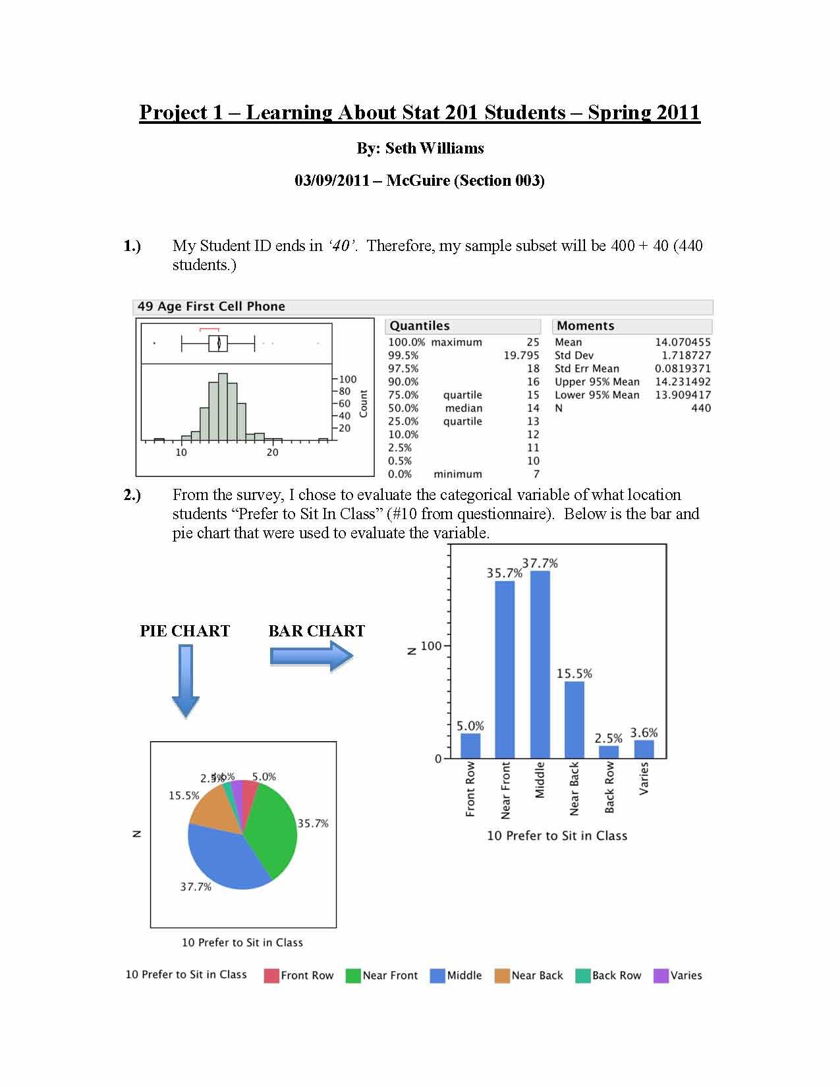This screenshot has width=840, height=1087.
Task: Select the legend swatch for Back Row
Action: pyautogui.click(x=582, y=976)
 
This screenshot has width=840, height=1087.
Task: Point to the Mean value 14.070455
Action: pyautogui.click(x=682, y=342)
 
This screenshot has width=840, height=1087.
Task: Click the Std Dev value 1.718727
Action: pyautogui.click(x=686, y=355)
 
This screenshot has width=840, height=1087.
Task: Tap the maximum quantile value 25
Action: pyautogui.click(x=532, y=342)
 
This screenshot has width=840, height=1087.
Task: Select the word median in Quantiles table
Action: pyautogui.click(x=463, y=408)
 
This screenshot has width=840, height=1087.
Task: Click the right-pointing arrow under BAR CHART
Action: pyautogui.click(x=312, y=656)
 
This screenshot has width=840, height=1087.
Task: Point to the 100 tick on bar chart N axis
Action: pyautogui.click(x=430, y=646)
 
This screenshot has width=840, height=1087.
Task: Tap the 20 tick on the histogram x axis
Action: pyautogui.click(x=272, y=453)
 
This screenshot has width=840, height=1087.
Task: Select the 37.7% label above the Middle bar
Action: pyautogui.click(x=540, y=563)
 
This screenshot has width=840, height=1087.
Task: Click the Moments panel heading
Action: pyautogui.click(x=585, y=325)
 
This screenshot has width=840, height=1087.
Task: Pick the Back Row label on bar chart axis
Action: pyautogui.click(x=609, y=787)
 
